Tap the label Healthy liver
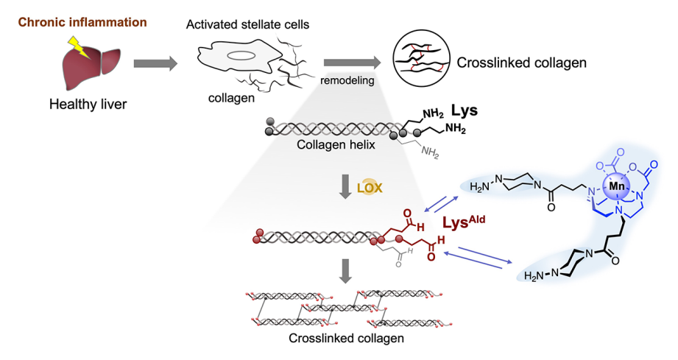[x=88, y=104]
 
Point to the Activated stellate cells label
[x=248, y=25]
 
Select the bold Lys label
[x=464, y=112]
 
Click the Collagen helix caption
[x=336, y=144]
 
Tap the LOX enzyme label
[x=370, y=188]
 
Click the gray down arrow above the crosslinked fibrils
[x=344, y=269]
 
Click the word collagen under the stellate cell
[x=225, y=96]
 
